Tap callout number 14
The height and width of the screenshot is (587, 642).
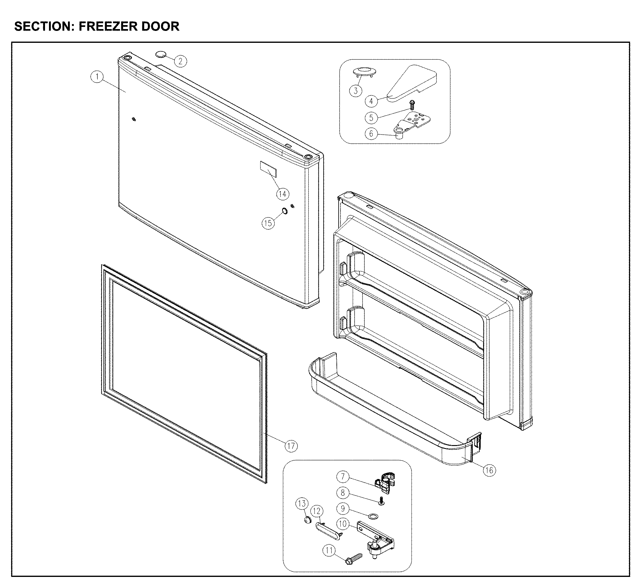[283, 194]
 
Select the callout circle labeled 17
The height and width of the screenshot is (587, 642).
[291, 446]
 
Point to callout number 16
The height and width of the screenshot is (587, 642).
[489, 470]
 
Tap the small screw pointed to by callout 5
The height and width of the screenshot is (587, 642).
[412, 103]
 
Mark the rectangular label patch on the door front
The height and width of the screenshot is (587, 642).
[268, 169]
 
